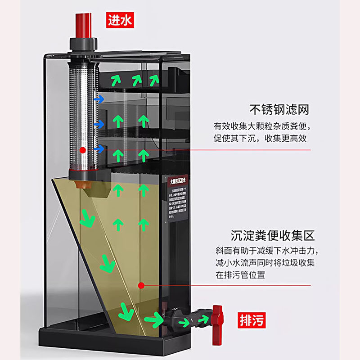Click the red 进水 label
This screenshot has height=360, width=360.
tap(120, 20)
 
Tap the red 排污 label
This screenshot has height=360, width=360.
tap(251, 320)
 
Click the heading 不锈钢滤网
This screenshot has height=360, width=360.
tap(279, 109)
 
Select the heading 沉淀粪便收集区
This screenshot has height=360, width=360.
tap(273, 235)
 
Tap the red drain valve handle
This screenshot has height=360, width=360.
tap(217, 315)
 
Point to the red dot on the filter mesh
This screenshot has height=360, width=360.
tap(82, 150)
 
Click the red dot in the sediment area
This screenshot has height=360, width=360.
tap(141, 285)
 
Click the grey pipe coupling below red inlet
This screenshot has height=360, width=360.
tap(83, 44)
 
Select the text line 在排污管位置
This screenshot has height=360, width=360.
tap(240, 275)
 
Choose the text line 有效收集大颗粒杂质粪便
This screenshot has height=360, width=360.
tap(262, 126)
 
